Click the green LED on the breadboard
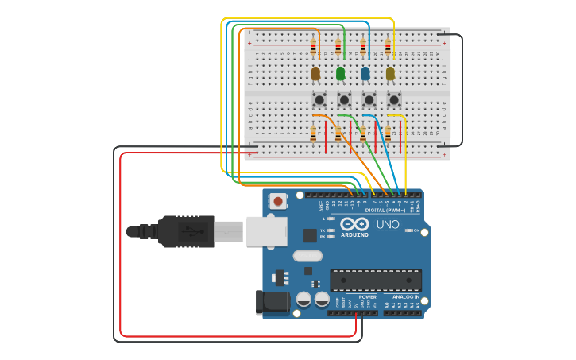(x=341, y=73)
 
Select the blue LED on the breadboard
(x=365, y=73)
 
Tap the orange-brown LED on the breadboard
(x=315, y=73)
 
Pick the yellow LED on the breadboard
(x=390, y=73)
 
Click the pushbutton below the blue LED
(x=369, y=99)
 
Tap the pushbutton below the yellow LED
(x=394, y=99)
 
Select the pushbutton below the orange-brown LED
(x=319, y=99)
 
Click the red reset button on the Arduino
(x=278, y=201)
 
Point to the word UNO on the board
(x=387, y=225)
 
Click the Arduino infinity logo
(x=354, y=224)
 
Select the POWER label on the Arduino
(x=367, y=296)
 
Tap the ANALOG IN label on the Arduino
(x=405, y=296)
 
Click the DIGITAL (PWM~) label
(x=385, y=210)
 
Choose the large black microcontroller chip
(x=376, y=281)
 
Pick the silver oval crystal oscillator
(x=307, y=256)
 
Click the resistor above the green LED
(x=338, y=47)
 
